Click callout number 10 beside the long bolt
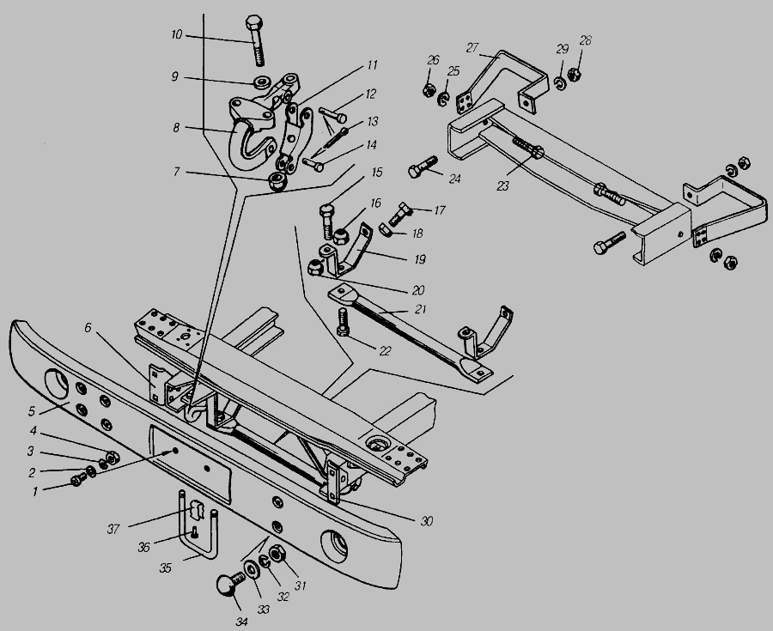click(x=176, y=34)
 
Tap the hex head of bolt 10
click(x=255, y=22)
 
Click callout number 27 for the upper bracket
click(x=472, y=47)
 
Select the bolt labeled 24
click(x=420, y=168)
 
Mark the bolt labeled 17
click(x=400, y=210)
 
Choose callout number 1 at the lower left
click(x=34, y=492)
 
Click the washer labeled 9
click(x=258, y=83)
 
